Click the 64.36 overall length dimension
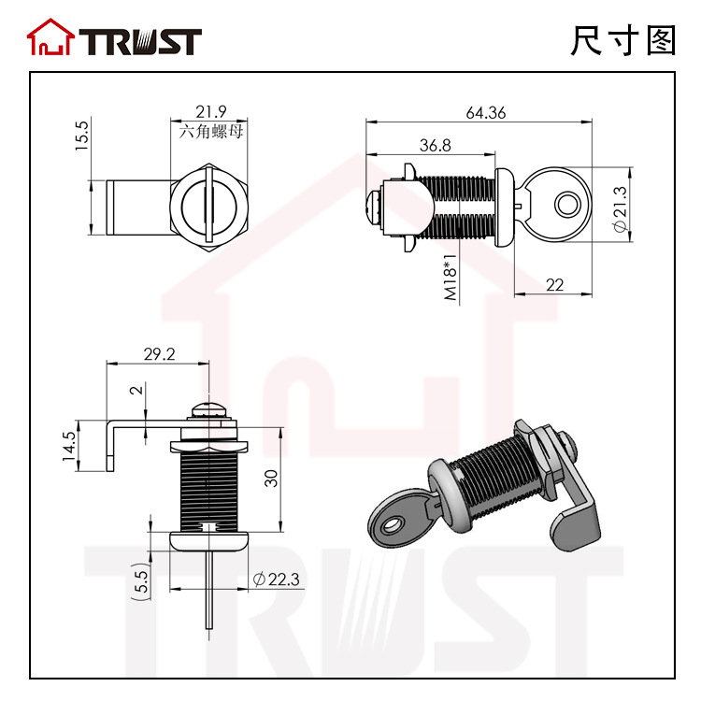485,113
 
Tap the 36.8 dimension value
435,145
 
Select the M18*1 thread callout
451,278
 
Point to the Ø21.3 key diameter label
621,209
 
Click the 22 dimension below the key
554,285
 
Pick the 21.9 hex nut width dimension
210,111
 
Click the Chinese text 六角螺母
211,132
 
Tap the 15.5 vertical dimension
82,135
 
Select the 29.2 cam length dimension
159,354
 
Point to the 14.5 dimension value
70,446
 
